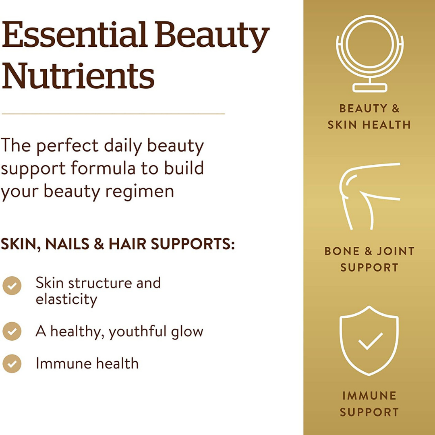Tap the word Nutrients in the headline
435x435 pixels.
point(78,75)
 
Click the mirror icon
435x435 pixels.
point(369,54)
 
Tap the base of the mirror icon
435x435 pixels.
point(369,88)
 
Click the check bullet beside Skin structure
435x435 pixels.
point(12,286)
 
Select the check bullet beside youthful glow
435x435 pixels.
point(12,331)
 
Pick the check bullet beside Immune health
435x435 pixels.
point(12,364)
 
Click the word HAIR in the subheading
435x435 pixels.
point(127,244)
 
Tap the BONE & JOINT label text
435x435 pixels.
point(369,251)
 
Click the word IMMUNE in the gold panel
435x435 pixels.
point(369,396)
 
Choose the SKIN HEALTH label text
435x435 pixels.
point(369,125)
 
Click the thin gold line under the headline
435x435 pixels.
point(113,114)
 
